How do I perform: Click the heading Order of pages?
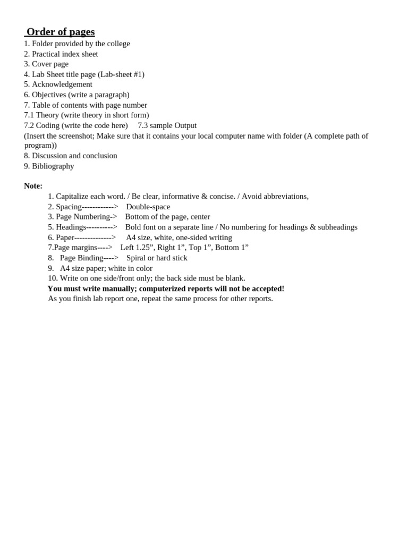click(x=61, y=32)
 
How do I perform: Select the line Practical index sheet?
click(x=65, y=54)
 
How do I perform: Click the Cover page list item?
click(x=50, y=64)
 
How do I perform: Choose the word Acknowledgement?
click(x=62, y=84)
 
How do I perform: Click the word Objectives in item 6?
click(x=49, y=95)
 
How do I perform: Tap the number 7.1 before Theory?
click(x=29, y=115)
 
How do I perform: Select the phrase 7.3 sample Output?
click(x=167, y=125)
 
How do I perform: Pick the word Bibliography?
click(x=53, y=166)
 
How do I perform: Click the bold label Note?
click(x=33, y=186)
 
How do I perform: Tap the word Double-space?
click(x=148, y=207)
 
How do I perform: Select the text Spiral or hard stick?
click(x=157, y=258)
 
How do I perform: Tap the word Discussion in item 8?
click(x=50, y=156)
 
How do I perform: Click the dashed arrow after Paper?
click(x=95, y=237)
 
